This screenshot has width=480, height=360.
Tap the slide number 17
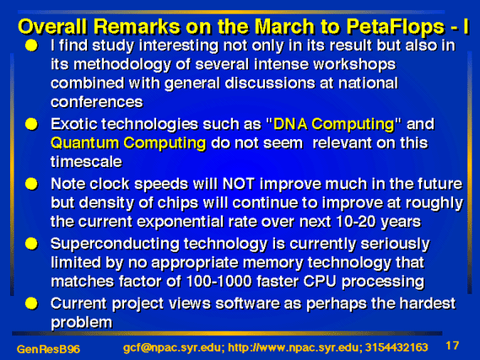[x=452, y=346]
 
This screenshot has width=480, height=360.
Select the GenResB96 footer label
[x=48, y=349]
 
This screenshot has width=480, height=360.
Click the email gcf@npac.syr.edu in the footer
[x=174, y=347]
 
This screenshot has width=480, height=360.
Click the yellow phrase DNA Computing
[x=334, y=125]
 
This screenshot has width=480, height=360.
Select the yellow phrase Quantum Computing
[x=128, y=143]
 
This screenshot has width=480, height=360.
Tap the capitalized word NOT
[x=239, y=184]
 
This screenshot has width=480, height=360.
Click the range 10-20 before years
[x=356, y=222]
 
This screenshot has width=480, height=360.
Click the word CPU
[x=320, y=282]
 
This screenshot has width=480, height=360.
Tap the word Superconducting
[x=115, y=244]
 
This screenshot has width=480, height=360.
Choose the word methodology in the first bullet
[x=122, y=65]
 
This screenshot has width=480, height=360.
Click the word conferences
[x=97, y=102]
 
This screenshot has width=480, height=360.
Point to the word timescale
[x=86, y=162]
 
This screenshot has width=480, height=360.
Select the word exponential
[x=181, y=222]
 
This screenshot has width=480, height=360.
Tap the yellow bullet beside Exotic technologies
[x=31, y=125]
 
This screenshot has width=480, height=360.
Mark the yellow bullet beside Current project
[x=31, y=304]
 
